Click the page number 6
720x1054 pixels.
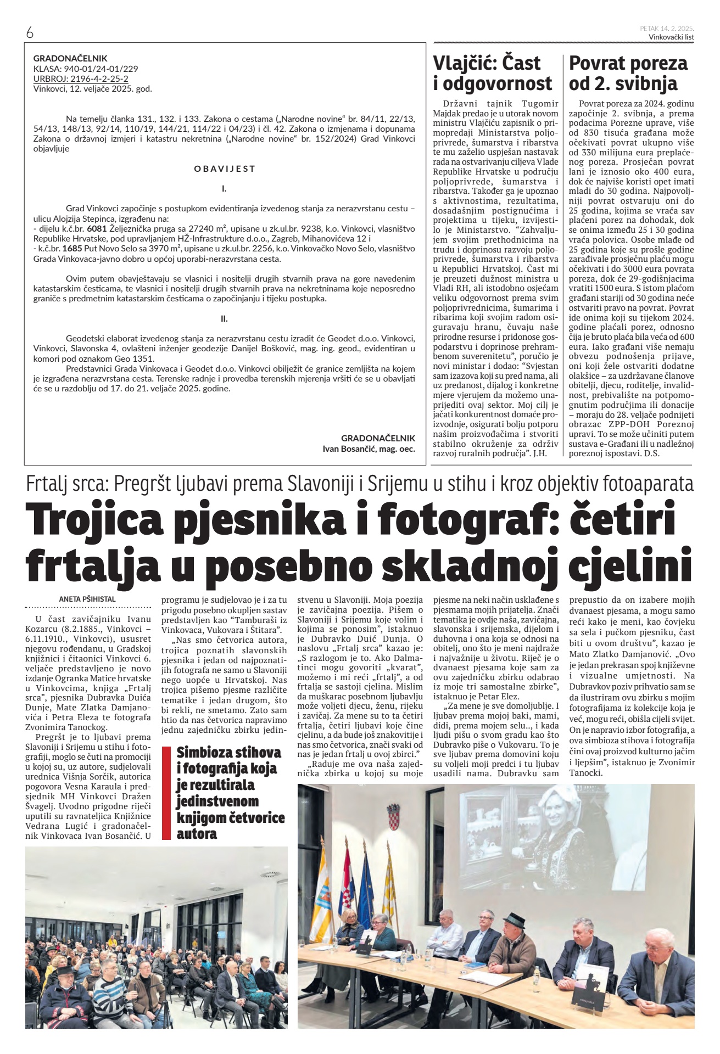click(x=30, y=33)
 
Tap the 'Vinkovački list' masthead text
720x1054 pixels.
click(x=671, y=37)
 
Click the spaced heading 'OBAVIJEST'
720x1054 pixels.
click(x=225, y=169)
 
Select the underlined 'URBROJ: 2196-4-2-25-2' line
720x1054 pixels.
click(x=81, y=79)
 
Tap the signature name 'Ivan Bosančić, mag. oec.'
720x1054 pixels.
click(x=369, y=448)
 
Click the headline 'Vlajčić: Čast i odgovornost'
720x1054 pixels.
click(x=492, y=72)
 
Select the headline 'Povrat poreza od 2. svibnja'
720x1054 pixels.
click(x=628, y=72)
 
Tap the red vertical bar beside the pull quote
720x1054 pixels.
click(x=166, y=793)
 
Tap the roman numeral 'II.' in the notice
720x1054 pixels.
click(x=224, y=318)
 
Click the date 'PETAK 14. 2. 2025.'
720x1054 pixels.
click(x=667, y=28)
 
